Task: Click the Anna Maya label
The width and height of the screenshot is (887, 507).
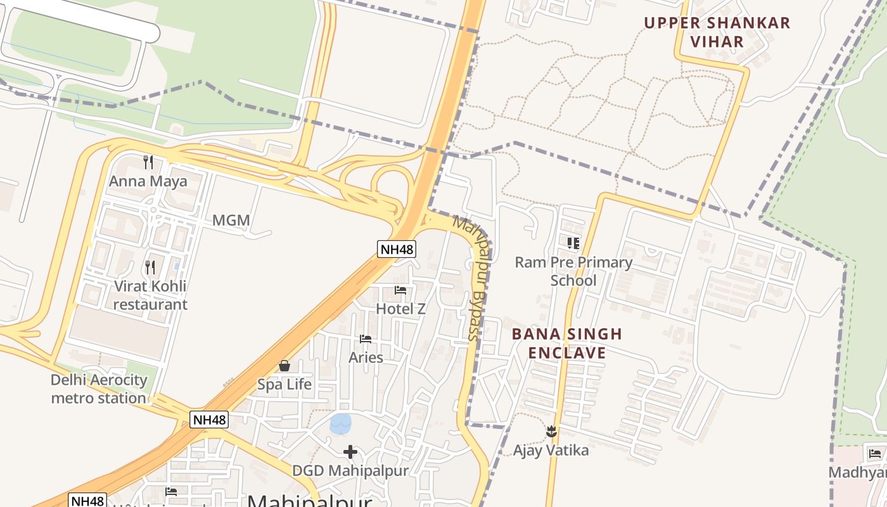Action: [x=148, y=182]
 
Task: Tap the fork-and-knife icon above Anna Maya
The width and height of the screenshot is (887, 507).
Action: [x=148, y=162]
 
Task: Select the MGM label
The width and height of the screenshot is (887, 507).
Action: [x=231, y=221]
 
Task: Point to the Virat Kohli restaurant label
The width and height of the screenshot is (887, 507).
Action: [x=150, y=295]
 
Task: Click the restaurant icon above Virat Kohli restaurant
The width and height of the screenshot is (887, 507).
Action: [x=150, y=267]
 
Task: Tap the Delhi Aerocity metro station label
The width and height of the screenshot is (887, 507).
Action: [x=99, y=389]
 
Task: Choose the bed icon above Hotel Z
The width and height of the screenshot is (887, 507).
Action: [x=400, y=290]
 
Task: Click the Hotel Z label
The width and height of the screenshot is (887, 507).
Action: [x=400, y=309]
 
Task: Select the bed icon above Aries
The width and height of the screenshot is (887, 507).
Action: [x=366, y=339]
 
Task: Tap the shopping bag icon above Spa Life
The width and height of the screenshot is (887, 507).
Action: [x=284, y=366]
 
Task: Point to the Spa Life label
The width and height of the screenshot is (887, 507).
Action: [x=284, y=385]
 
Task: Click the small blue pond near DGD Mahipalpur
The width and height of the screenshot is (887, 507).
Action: [x=341, y=423]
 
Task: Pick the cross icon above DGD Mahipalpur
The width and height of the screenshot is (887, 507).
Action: [x=350, y=452]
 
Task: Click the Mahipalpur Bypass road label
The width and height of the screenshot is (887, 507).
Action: [x=476, y=279]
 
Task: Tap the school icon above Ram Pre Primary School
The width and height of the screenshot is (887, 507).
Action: [x=573, y=243]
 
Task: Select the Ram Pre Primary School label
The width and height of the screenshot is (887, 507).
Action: [x=573, y=271]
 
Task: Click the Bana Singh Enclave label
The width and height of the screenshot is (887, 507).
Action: [x=567, y=343]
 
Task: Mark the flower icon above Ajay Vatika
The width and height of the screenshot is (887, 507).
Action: [x=551, y=431]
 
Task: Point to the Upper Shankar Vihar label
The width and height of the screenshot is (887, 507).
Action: [x=717, y=32]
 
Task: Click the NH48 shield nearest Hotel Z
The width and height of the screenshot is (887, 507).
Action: [x=397, y=249]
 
